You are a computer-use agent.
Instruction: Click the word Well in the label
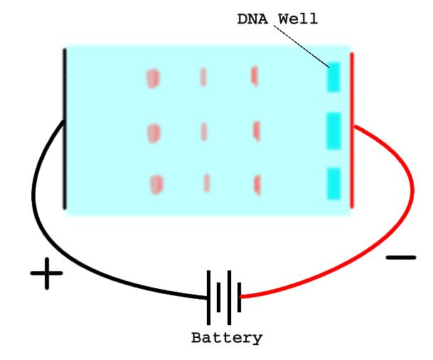[x=298, y=19]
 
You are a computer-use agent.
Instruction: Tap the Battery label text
[x=227, y=338]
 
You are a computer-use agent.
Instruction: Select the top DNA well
[x=333, y=77]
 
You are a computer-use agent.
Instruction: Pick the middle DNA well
[x=333, y=129]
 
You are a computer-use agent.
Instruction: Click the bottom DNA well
[x=333, y=183]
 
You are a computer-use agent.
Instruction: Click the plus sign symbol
[x=47, y=273]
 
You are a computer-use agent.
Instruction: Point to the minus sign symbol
[x=401, y=257]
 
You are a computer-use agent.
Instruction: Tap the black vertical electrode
[x=65, y=128]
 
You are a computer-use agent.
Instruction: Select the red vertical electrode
[x=351, y=128]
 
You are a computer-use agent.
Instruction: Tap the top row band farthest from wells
[x=153, y=78]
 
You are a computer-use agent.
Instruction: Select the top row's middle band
[x=203, y=76]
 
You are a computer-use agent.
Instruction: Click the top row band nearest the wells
[x=255, y=75]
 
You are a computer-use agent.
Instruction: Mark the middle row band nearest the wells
[x=256, y=129]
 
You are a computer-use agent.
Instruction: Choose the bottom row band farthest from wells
[x=156, y=184]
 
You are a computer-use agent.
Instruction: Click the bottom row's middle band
[x=207, y=183]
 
